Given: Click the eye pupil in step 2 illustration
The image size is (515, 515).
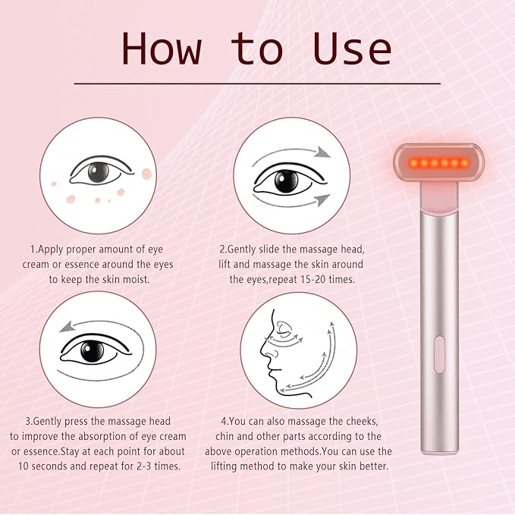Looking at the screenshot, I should [x=286, y=181].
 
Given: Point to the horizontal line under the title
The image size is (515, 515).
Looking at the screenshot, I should [x=257, y=83].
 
